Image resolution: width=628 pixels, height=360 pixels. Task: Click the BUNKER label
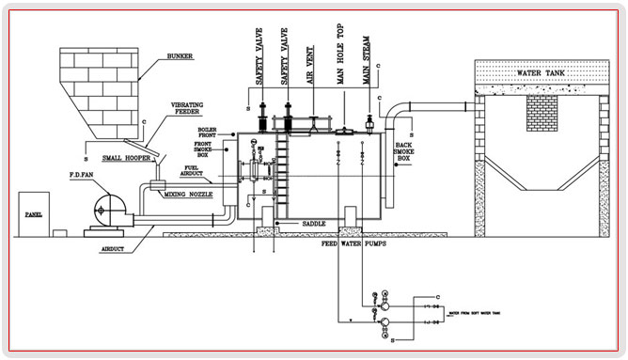pyautogui.click(x=179, y=55)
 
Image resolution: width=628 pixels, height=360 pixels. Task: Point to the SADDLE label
pyautogui.click(x=315, y=225)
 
